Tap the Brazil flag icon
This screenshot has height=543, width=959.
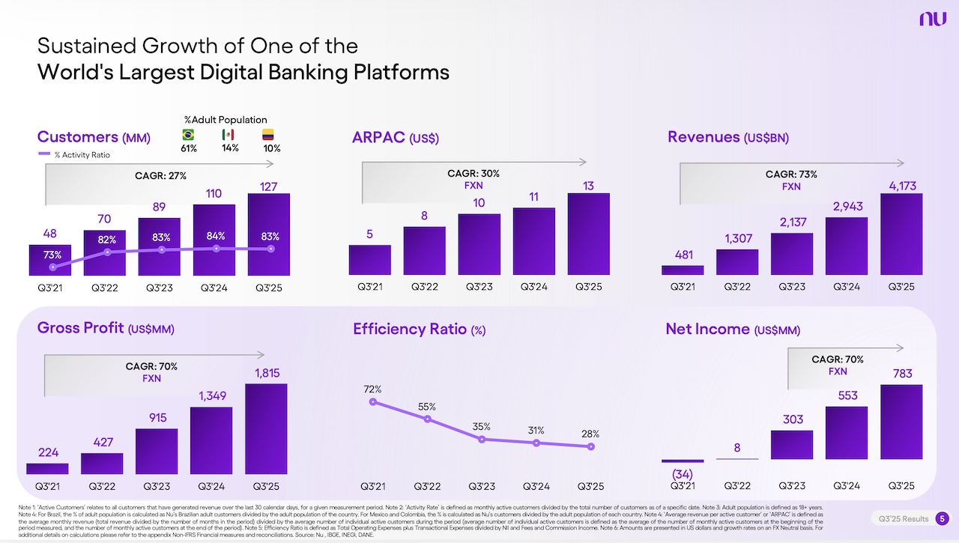point(188,135)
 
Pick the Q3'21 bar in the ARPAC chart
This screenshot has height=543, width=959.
point(369,259)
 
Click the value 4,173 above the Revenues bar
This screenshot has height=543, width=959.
point(902,185)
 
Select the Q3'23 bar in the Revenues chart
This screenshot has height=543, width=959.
point(792,254)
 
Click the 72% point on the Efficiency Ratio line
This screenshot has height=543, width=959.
point(373,402)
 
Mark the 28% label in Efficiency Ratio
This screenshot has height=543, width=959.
point(590,434)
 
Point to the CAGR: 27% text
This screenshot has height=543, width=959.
point(160,176)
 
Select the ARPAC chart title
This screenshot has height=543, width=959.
point(396,138)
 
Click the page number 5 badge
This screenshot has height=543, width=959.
point(943,518)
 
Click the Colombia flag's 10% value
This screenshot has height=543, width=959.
point(271,148)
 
